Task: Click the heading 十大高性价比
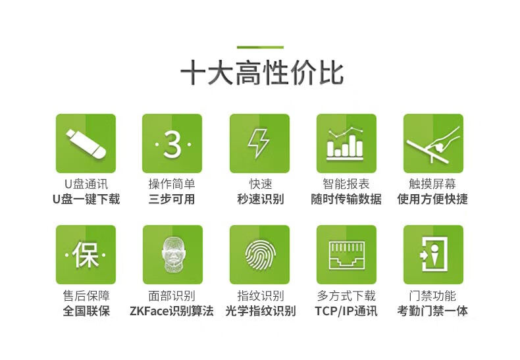pos(262,73)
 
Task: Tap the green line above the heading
pos(260,47)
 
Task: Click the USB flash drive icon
pos(86,143)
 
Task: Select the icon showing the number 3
pos(172,143)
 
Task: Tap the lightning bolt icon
pos(259,143)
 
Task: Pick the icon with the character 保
pos(86,255)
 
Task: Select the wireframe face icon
pos(172,255)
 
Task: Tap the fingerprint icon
pos(259,255)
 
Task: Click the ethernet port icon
pos(346,255)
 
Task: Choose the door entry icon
pos(434,255)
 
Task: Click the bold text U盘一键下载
pos(86,199)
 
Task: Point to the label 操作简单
pos(172,184)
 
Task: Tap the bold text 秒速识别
pos(261,199)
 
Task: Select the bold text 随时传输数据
pos(346,199)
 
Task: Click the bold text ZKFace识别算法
pos(172,311)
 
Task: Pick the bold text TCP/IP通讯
pos(346,311)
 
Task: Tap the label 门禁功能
pos(432,296)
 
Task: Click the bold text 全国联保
pos(86,311)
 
